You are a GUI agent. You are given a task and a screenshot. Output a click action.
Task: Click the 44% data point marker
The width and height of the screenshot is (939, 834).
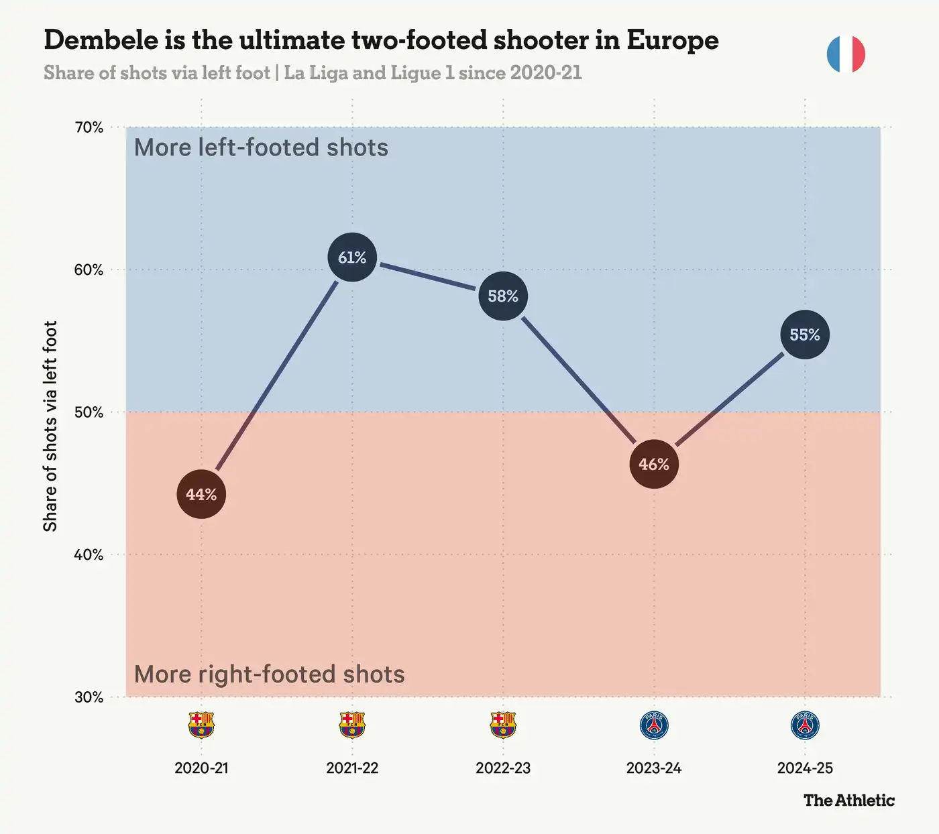pos(201,494)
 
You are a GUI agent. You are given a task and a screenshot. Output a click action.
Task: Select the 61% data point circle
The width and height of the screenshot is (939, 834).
pos(352,257)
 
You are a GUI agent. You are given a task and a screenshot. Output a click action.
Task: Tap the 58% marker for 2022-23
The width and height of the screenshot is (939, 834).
pos(503,296)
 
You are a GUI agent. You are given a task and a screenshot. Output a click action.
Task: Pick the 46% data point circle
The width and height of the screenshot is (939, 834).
pos(654,464)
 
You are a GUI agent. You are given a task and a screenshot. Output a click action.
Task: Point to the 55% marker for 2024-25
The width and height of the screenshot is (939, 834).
pos(805,335)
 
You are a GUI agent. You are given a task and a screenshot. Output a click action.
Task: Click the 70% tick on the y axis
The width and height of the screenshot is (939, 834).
pos(89,127)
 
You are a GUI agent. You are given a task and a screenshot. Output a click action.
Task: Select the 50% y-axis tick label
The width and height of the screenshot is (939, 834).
pos(89,412)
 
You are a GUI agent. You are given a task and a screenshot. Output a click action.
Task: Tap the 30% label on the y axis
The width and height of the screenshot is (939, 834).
pos(89,697)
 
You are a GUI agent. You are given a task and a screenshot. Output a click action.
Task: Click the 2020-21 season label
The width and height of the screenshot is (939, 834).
pos(202,768)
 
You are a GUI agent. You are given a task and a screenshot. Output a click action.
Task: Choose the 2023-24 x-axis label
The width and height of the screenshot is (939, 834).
pos(654,768)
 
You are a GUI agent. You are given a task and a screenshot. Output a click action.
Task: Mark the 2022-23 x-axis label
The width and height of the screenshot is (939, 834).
pos(503,768)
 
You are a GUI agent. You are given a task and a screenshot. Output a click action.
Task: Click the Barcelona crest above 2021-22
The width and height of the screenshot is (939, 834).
pos(352,725)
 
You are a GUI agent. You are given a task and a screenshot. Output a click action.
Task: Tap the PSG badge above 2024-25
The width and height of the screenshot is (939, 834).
pos(805,725)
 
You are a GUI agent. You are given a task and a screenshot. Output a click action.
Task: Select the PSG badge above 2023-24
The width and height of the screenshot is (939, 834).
pos(654,725)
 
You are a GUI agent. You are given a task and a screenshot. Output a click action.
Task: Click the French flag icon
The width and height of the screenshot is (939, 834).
pos(846,54)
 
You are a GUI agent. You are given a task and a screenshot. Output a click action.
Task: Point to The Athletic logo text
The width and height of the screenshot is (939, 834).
pos(849,800)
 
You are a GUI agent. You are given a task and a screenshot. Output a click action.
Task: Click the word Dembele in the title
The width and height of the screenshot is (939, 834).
pos(101,40)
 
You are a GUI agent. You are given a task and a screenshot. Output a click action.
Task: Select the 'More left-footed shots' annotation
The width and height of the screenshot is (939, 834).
pos(262,147)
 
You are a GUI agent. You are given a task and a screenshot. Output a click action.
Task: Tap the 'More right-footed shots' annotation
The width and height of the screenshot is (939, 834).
pos(269,674)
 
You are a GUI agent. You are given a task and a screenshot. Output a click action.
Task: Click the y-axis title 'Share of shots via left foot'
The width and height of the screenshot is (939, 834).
pos(50,426)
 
